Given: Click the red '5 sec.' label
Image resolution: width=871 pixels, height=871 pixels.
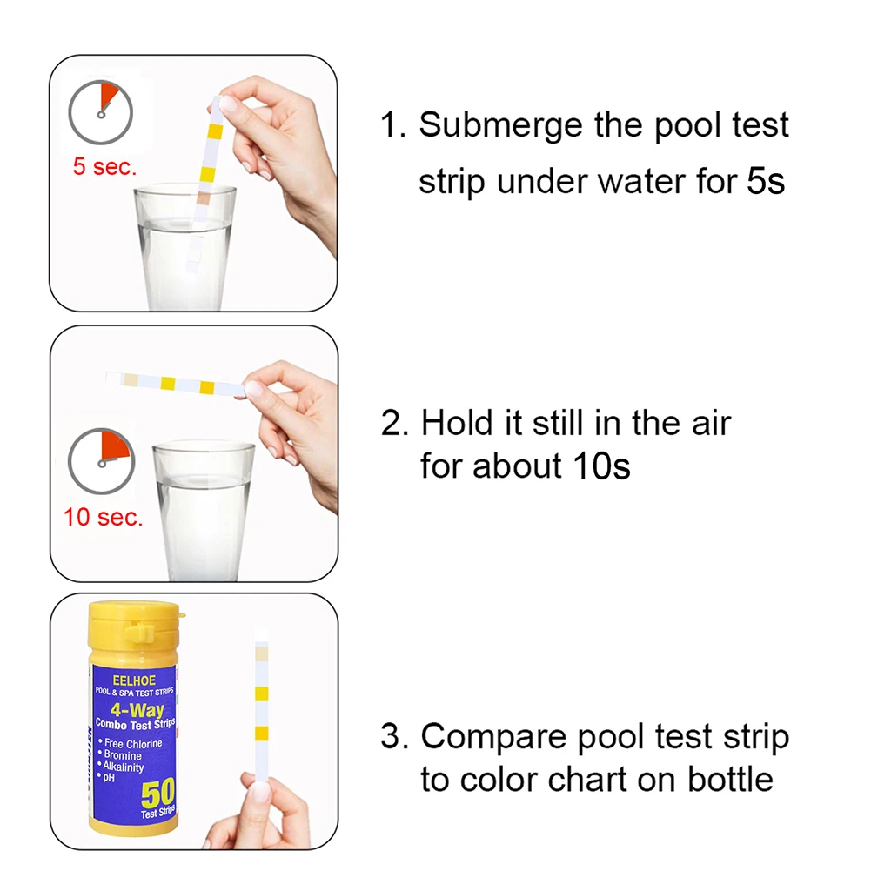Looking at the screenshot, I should coord(104,167).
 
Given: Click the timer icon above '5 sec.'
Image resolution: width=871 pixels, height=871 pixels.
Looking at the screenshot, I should coord(101,111).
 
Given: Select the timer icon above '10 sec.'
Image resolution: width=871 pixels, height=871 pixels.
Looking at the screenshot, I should coord(101,459).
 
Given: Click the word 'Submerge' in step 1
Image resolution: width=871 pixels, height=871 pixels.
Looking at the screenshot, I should coord(499,126).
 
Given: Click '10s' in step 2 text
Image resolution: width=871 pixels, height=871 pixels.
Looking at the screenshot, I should coord(600,466).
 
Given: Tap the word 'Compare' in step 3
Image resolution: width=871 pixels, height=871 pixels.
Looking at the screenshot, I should coord(492,737).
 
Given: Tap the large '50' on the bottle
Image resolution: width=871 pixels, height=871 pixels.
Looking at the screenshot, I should coord(157,793).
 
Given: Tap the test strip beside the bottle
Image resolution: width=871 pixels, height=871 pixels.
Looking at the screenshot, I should coord(261,714).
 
